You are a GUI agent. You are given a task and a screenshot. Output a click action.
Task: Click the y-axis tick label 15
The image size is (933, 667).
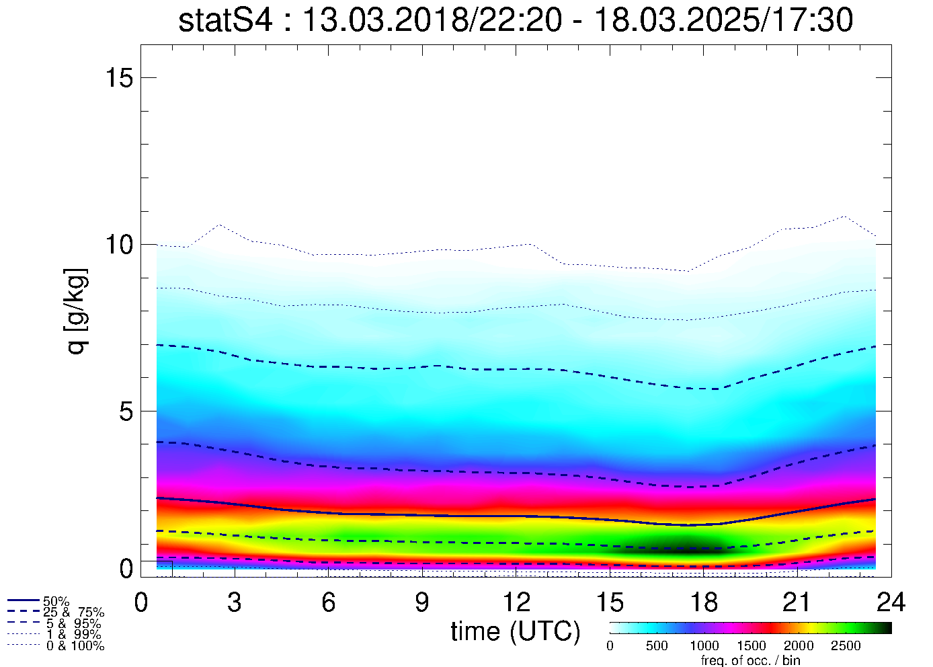click(x=119, y=78)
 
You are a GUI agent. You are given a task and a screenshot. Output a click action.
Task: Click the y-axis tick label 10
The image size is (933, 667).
click(x=119, y=245)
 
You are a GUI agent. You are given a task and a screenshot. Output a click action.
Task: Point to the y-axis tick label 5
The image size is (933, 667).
click(x=126, y=411)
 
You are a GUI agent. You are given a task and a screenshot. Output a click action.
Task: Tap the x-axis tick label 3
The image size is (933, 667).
click(x=234, y=603)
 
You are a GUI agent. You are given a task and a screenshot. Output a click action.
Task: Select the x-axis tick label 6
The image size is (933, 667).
click(x=328, y=603)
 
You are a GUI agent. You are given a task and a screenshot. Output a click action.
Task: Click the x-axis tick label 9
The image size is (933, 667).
click(x=421, y=603)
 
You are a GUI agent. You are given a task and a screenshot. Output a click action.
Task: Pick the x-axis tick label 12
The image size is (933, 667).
click(x=516, y=603)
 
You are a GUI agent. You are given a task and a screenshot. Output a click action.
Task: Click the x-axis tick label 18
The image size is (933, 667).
click(x=703, y=603)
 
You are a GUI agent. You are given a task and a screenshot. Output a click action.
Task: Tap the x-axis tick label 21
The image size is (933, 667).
click(x=797, y=603)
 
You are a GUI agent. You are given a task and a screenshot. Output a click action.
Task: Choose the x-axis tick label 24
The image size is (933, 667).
click(x=891, y=603)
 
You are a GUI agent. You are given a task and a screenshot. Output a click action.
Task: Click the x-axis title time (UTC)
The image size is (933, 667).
click(x=516, y=632)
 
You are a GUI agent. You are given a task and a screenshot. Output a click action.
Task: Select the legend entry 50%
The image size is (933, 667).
click(x=56, y=601)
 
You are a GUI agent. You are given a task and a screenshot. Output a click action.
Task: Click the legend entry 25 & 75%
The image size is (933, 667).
click(x=73, y=613)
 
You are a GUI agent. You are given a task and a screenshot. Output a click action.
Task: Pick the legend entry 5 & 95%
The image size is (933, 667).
click(x=73, y=624)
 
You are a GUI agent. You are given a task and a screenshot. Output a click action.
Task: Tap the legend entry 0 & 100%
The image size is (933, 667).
click(x=75, y=646)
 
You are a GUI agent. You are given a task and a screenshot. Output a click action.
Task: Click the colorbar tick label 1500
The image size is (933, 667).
click(x=752, y=646)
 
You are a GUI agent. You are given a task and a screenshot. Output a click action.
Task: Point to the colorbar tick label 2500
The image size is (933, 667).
click(x=846, y=646)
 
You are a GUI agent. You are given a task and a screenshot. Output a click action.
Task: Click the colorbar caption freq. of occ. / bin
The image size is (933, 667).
click(x=750, y=660)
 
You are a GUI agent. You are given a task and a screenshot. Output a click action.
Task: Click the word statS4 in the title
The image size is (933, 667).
click(x=225, y=21)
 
